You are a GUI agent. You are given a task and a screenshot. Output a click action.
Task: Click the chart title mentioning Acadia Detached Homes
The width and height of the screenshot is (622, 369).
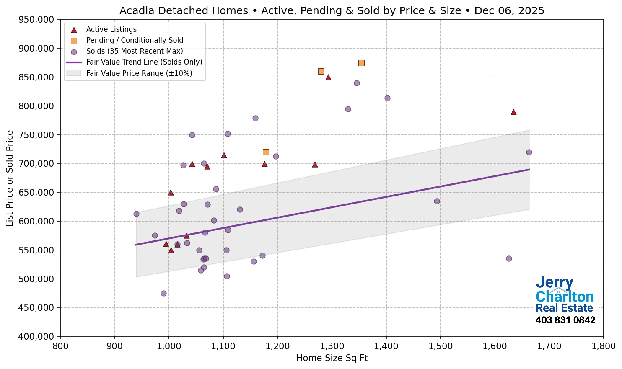(332, 10)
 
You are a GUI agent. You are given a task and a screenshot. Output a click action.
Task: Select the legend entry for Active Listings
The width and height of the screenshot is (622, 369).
(111, 29)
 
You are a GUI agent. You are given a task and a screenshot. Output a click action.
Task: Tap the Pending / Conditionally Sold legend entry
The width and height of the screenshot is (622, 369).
(135, 40)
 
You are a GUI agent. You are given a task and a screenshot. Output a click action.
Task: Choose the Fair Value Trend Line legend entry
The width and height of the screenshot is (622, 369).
(144, 62)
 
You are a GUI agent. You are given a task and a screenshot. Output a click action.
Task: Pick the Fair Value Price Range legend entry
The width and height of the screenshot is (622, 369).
(139, 73)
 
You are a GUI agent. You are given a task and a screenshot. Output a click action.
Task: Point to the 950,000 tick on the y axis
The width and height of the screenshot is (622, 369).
(37, 20)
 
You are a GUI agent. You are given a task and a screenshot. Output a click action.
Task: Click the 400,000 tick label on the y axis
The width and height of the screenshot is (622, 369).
(37, 336)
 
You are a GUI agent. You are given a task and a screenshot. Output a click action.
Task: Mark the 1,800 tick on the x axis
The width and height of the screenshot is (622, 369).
(603, 346)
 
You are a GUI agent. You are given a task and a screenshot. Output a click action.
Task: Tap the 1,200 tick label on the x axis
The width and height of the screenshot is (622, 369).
(277, 346)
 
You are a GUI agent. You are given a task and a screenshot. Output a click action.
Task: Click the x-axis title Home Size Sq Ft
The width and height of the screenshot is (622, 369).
(332, 358)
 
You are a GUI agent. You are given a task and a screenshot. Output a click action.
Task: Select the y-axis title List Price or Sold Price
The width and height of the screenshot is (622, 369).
(10, 178)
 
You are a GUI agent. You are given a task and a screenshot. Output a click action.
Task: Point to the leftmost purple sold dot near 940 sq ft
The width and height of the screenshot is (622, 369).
(136, 214)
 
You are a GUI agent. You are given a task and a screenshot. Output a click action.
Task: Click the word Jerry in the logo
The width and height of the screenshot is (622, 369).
(554, 283)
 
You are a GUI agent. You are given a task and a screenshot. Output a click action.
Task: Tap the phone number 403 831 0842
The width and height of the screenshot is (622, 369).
(565, 320)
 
